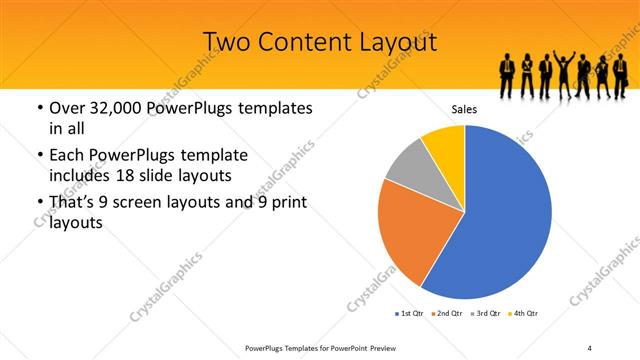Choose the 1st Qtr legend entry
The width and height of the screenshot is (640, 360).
tap(410, 314)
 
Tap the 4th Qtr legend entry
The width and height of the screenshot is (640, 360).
tap(526, 314)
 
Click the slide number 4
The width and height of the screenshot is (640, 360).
tap(590, 347)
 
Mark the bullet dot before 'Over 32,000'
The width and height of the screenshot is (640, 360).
tap(39, 107)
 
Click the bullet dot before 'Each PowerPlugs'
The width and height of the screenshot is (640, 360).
tap(39, 155)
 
